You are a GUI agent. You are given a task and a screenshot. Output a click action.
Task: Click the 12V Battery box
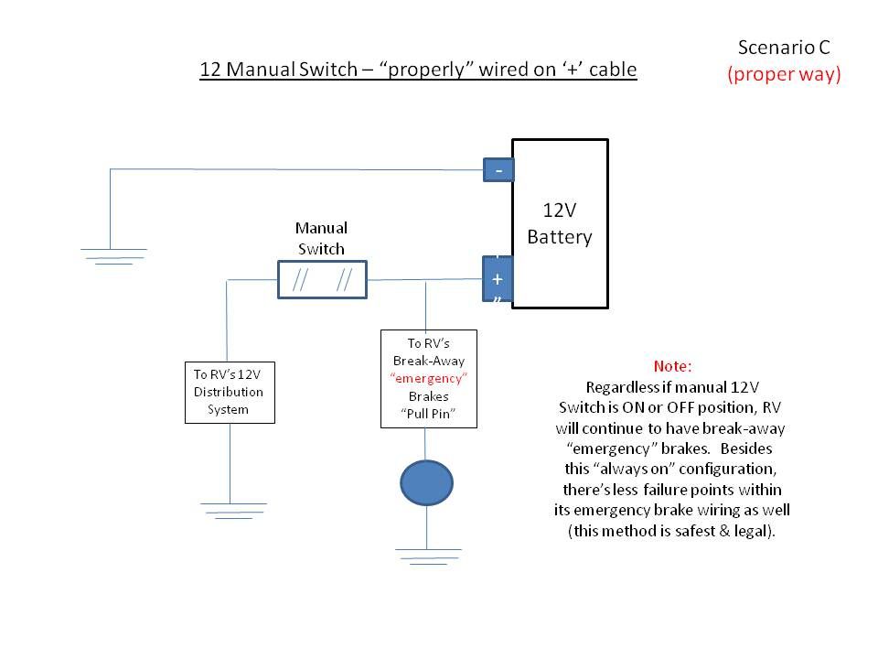coord(560,223)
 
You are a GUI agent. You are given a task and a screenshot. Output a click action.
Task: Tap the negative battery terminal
coord(498,170)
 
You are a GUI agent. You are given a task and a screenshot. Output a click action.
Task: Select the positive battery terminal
coord(498,278)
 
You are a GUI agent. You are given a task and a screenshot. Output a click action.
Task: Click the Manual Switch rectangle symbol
coord(322,280)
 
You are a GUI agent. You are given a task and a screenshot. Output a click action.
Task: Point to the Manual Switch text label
coord(321,238)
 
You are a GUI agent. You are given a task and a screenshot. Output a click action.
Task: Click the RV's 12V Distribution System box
coord(229,392)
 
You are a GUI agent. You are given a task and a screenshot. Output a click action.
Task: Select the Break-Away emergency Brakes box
coord(428,379)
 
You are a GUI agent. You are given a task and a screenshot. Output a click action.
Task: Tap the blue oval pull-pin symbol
coord(427,483)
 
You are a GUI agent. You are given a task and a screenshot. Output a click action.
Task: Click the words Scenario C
coord(783,47)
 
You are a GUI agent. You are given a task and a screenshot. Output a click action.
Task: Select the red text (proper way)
coord(784,75)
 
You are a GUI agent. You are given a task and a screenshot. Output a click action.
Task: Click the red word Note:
coord(672,365)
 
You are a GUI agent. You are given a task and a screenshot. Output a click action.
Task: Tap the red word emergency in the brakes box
coord(428,378)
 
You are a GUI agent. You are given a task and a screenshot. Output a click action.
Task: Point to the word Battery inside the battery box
coord(560,237)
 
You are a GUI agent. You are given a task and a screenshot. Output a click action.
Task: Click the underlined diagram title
coord(418,70)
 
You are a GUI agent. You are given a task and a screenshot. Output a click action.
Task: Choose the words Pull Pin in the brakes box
coord(428,415)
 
